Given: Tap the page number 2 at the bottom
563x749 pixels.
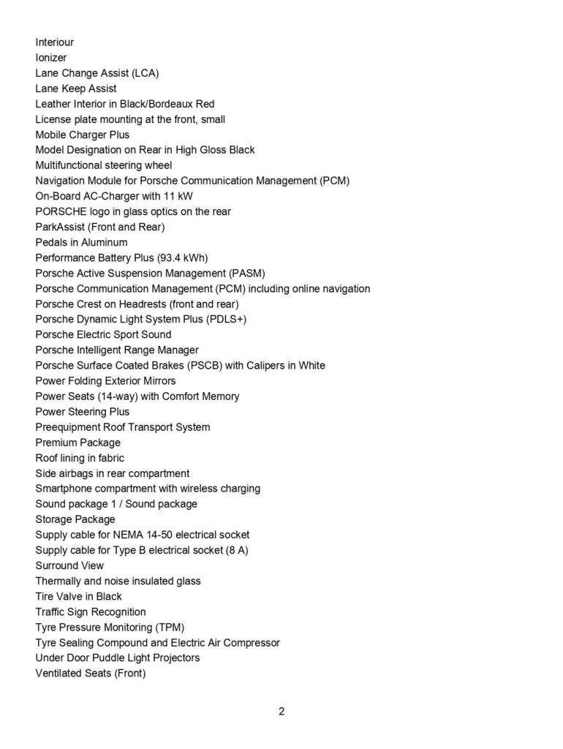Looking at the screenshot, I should pos(281,712).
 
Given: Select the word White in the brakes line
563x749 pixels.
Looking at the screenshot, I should pos(311,365).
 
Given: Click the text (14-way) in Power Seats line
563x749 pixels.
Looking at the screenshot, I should pos(102,396).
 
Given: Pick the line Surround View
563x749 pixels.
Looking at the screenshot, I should pos(69,565).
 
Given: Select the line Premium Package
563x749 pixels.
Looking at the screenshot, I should pos(78,443).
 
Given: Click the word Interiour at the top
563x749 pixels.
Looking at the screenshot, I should pos(55,42).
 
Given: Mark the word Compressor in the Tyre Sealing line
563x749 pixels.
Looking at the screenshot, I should pos(250,642).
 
